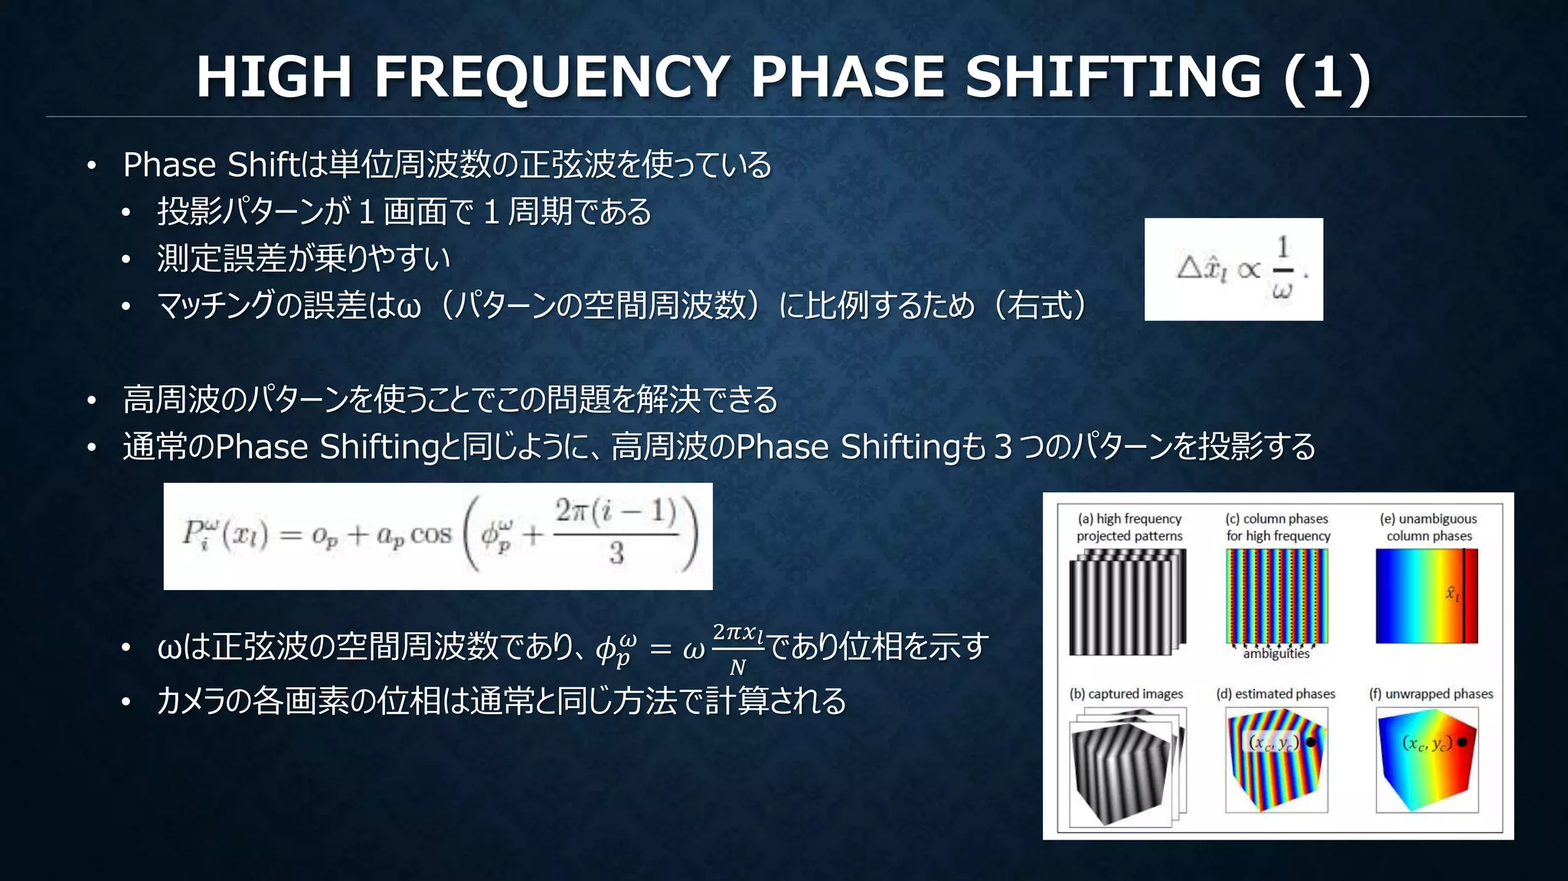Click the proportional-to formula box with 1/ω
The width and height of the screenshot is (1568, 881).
1233,269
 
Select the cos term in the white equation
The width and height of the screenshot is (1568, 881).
431,535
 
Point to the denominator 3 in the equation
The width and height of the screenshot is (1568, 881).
616,553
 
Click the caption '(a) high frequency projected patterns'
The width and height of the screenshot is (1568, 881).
1129,527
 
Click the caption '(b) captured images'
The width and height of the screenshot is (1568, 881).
1126,694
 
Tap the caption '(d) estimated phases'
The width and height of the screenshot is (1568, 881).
1276,694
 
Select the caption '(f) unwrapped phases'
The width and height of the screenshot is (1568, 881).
1431,694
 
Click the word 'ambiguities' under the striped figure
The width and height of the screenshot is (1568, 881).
1276,654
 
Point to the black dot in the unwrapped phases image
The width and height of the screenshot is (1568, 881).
1462,742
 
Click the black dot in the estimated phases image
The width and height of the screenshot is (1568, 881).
1311,742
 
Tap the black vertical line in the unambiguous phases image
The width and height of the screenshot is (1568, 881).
1464,596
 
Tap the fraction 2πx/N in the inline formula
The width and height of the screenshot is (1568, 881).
738,649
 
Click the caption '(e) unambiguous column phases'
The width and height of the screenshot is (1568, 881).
1429,527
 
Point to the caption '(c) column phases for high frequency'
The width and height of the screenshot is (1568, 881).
1278,527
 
